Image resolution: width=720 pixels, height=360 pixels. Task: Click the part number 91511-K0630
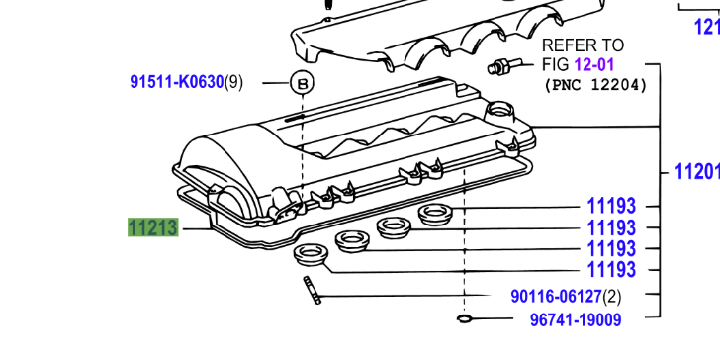(x=177, y=83)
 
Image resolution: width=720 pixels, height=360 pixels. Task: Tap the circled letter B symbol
(x=302, y=83)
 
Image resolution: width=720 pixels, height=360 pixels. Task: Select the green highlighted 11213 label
(x=153, y=227)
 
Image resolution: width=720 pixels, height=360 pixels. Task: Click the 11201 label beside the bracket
(x=697, y=172)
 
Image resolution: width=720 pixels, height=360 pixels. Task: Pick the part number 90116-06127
(x=556, y=297)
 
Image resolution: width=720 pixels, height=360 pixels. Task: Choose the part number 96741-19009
(x=576, y=319)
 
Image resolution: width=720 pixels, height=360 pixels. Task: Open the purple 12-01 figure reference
(x=593, y=64)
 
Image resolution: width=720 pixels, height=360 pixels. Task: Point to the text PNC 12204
(x=595, y=85)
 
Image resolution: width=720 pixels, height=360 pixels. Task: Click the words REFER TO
(x=583, y=45)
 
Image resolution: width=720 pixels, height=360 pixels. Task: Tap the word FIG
(x=556, y=64)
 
